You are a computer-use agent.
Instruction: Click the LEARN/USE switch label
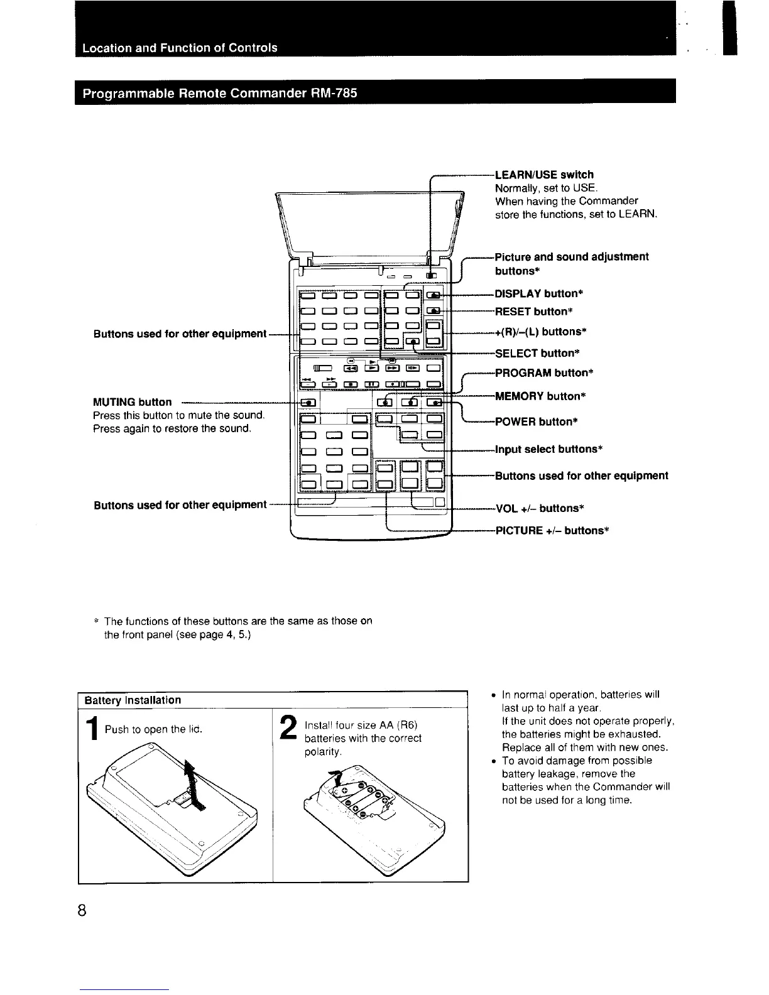click(544, 175)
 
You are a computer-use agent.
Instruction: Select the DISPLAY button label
click(539, 293)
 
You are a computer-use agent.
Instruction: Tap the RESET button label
click(535, 312)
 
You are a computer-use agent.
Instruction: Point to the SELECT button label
click(537, 353)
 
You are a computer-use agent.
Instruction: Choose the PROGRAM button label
click(544, 373)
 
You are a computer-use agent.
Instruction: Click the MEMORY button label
click(540, 396)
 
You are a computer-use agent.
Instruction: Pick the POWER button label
click(536, 421)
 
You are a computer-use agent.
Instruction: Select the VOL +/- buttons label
click(540, 508)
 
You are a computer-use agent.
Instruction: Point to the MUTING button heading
click(132, 402)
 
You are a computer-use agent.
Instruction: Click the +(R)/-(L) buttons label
click(541, 332)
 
